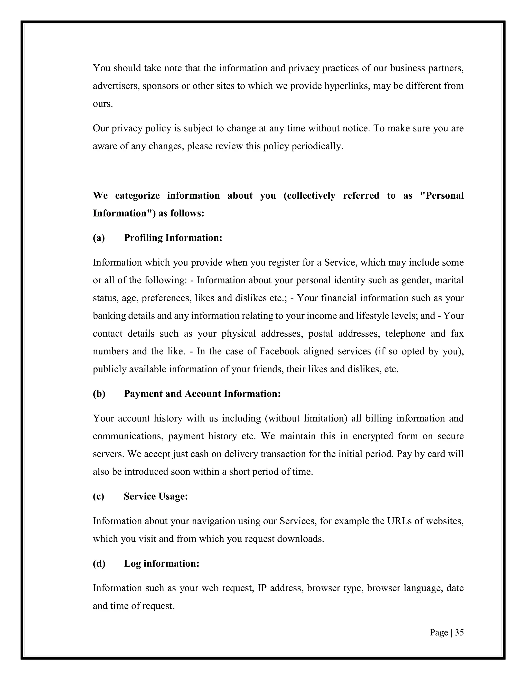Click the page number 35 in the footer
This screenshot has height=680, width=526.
459,632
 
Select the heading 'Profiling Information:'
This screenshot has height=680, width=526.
173,238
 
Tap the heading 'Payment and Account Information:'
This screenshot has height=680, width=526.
202,394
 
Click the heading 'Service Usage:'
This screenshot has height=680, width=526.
156,496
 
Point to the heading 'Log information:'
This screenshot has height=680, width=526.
161,564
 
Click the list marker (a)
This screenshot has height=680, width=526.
99,238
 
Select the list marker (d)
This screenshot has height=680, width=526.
99,564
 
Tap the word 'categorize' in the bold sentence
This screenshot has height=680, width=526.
137,196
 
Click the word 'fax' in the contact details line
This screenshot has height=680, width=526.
457,334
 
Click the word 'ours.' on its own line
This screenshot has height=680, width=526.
103,104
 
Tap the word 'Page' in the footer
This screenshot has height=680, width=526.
439,632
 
